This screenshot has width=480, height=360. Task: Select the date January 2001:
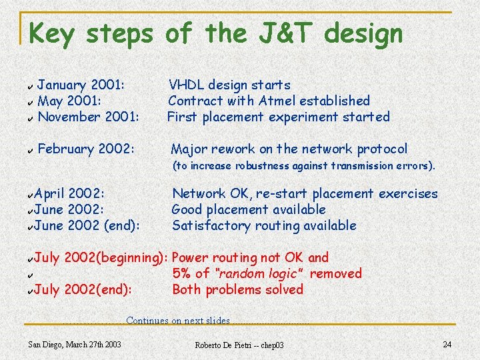tap(82, 85)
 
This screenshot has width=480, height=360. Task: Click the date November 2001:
tap(88, 117)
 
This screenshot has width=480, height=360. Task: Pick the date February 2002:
tap(87, 149)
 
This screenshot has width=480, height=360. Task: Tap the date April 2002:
tap(69, 193)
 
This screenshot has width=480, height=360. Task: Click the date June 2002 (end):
tap(87, 225)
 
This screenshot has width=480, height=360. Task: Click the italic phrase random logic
tap(257, 273)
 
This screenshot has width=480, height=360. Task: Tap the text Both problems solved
tap(237, 289)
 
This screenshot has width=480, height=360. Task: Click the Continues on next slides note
tap(177, 321)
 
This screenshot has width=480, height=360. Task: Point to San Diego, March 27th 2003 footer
tap(75, 344)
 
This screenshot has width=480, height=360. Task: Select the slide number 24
tap(447, 344)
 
